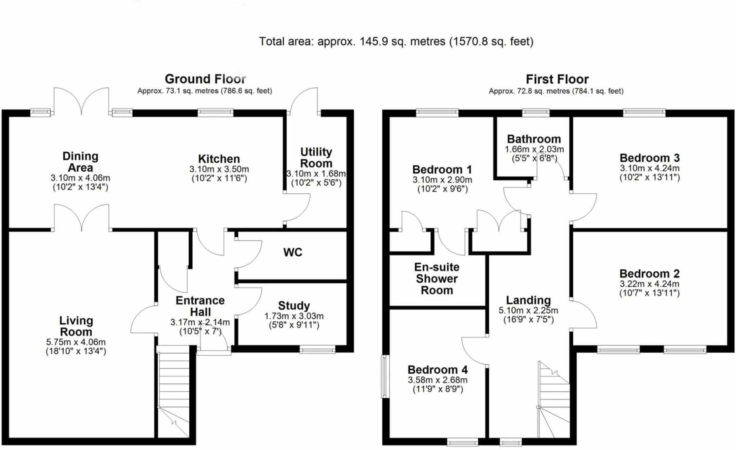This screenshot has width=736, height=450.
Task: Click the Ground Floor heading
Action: point(206,79)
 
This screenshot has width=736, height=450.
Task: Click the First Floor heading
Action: point(557,79)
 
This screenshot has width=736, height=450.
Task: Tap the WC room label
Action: point(293,252)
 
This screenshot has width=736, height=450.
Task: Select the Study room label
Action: point(294,306)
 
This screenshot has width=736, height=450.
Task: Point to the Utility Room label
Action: point(316,157)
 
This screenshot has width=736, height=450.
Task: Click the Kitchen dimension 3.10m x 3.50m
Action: point(219,169)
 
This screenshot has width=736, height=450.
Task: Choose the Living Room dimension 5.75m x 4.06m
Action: point(76,342)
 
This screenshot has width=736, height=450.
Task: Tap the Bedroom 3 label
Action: point(649,158)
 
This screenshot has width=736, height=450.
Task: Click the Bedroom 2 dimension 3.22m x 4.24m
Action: point(649,284)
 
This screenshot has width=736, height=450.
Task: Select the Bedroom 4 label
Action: point(438,370)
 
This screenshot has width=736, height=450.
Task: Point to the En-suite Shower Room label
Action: point(437,278)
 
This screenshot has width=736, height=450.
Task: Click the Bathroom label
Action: point(534,139)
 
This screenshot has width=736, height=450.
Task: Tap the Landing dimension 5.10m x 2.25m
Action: point(528,310)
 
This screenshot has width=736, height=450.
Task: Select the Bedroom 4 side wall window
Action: point(386,376)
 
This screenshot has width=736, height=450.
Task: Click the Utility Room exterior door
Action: point(304,101)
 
